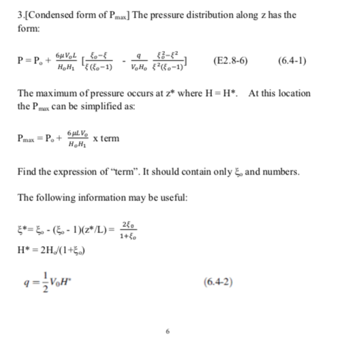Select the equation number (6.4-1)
(292, 61)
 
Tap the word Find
(27, 170)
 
